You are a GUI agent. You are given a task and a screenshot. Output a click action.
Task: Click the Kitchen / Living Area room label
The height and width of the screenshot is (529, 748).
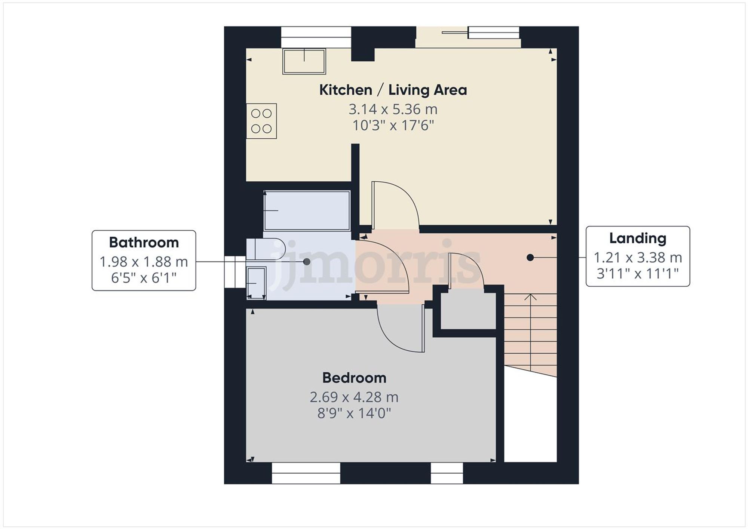(393, 90)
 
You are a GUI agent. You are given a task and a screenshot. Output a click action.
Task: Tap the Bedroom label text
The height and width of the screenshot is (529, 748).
(354, 378)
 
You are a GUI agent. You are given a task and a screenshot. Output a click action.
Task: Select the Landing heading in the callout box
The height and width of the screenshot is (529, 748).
(638, 238)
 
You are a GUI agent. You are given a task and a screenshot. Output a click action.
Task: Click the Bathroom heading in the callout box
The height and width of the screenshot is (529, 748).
(144, 243)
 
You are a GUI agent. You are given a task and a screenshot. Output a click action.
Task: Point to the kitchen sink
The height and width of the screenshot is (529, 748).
(304, 61)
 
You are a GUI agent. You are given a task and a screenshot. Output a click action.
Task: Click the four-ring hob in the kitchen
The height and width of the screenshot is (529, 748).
(261, 121)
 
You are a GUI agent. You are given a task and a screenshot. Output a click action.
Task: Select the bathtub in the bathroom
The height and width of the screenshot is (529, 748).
(307, 210)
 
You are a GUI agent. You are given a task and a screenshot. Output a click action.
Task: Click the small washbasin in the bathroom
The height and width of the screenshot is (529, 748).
(256, 283)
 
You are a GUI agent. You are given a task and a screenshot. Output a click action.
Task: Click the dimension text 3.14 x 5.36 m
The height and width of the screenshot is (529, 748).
(393, 110)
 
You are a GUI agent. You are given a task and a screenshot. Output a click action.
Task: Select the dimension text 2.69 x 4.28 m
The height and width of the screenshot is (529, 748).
(354, 397)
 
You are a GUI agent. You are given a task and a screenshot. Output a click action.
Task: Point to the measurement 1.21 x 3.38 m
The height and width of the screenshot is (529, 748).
(638, 258)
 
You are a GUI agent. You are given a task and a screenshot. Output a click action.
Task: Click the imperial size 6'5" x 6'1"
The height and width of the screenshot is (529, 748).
(144, 278)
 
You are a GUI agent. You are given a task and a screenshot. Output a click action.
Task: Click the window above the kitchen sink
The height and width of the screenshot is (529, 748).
(316, 32)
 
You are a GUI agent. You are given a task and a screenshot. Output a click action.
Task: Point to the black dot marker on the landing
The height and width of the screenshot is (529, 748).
(530, 258)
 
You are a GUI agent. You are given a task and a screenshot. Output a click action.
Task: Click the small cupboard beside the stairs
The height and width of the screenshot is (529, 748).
(468, 311)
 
